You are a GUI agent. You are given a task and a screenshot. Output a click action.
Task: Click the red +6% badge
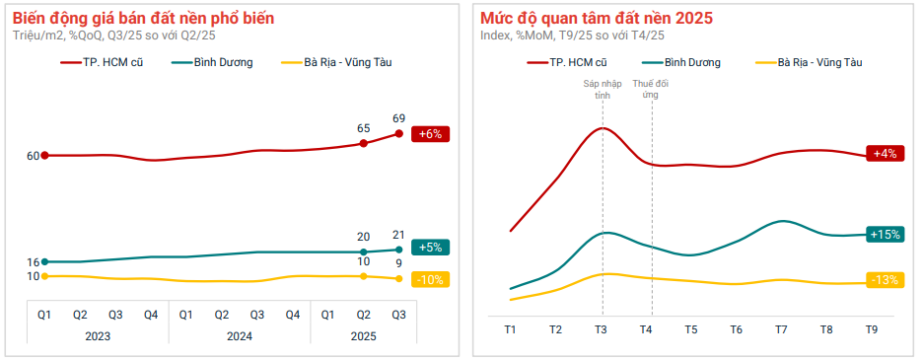click(x=430, y=134)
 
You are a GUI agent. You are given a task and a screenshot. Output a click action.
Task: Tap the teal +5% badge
click(x=430, y=248)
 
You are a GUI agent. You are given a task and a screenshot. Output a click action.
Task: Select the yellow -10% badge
click(x=430, y=279)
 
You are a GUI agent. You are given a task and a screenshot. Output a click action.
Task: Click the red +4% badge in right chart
click(x=883, y=153)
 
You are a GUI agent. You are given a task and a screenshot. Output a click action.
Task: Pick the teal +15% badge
click(x=883, y=235)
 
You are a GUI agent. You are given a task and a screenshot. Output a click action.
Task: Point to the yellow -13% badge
click(x=883, y=280)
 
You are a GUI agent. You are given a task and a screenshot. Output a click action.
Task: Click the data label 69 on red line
click(x=398, y=118)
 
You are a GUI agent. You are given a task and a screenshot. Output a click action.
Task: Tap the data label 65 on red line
click(x=363, y=128)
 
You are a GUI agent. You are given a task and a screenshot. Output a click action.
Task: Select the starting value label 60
click(x=34, y=156)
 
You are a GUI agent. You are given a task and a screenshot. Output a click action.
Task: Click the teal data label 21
click(x=398, y=235)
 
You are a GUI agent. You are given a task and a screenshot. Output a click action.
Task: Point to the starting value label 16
click(x=34, y=262)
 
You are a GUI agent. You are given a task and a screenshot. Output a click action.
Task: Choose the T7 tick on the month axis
click(x=781, y=328)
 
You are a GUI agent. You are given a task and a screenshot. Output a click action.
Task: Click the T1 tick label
click(x=511, y=328)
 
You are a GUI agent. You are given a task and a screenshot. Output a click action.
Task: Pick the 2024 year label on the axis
click(x=239, y=335)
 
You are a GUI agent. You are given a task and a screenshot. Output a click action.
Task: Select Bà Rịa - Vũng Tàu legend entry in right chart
click(x=819, y=62)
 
